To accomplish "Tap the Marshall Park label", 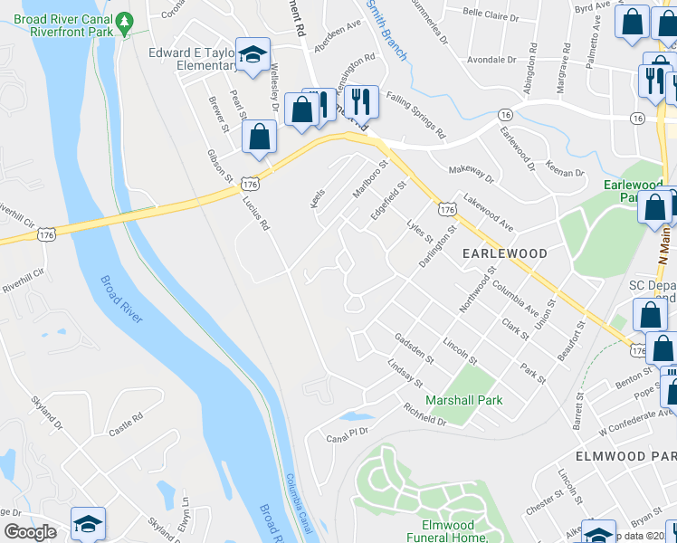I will click(x=464, y=400).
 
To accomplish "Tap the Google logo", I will click(x=30, y=532).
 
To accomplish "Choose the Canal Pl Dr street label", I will click(x=349, y=434).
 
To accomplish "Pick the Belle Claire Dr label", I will click(x=491, y=14).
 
